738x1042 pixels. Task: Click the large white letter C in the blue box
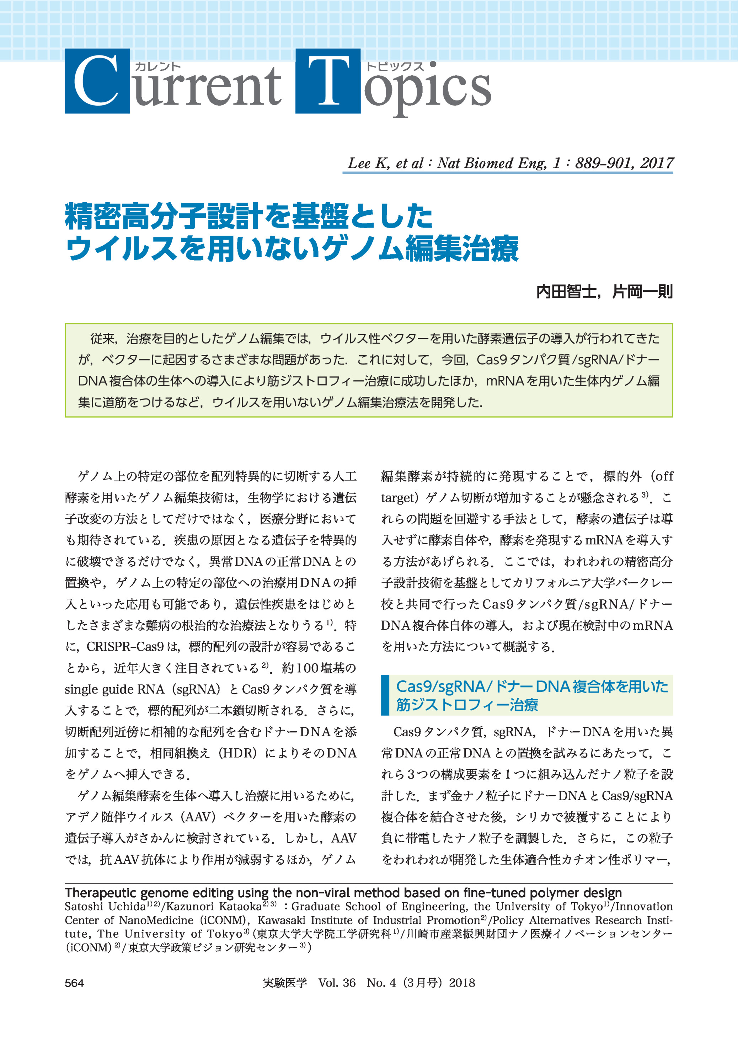(96, 81)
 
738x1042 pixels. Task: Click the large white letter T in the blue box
(328, 81)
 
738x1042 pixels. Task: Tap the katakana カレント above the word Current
(158, 66)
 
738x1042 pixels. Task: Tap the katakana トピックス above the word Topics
(395, 66)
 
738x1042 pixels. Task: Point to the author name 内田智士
(566, 291)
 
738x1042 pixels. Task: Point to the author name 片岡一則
(642, 291)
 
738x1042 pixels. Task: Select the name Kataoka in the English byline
(240, 907)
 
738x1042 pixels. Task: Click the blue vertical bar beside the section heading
(385, 695)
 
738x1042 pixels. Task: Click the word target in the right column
(398, 498)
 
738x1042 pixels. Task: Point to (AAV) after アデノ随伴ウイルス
(200, 817)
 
